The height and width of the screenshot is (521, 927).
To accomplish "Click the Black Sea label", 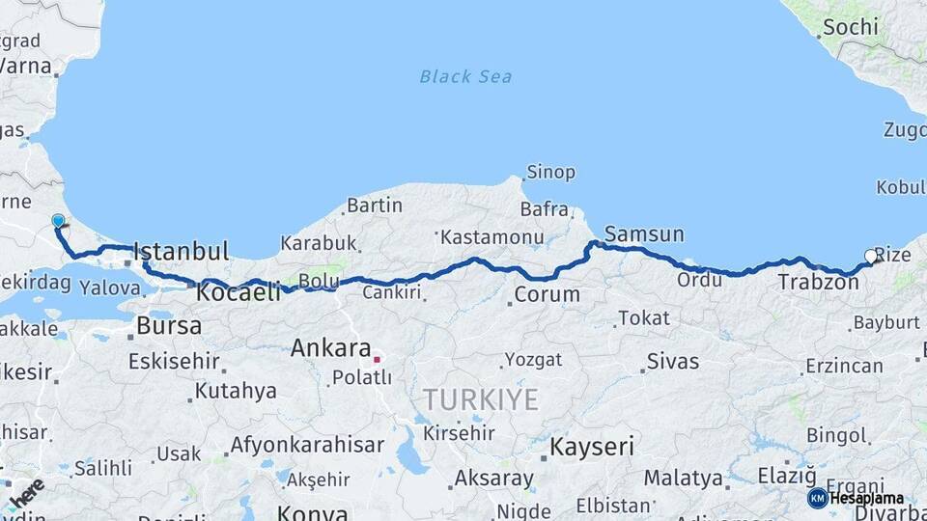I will pos(465,76).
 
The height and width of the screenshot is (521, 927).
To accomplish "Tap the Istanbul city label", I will pos(182,252).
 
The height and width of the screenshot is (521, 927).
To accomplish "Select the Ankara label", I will pos(331,347).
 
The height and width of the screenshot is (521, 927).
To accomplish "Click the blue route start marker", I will pos(58,221).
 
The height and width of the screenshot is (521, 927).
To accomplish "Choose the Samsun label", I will pos(644,233).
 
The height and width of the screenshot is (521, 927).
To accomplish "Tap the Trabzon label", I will pos(817,282).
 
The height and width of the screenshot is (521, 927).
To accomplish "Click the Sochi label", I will pos(850,27).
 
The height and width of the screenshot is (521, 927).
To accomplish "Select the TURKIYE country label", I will pos(480,399).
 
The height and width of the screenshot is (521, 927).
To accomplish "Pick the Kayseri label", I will pos(592,447).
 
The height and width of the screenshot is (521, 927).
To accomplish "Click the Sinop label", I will pos(550,173).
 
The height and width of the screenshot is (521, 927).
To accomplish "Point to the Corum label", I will pos(547,294).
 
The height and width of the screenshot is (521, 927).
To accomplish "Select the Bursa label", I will pos(169,326).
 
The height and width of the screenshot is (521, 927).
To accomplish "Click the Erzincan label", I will pos(843,366).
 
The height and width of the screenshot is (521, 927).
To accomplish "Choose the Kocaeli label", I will pos(238,291).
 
